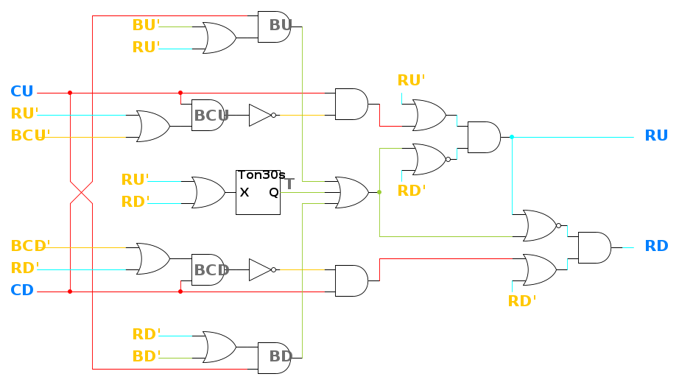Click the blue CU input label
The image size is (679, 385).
tap(22, 92)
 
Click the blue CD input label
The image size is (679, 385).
tap(22, 290)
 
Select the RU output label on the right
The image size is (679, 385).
tap(656, 136)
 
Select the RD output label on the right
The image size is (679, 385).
tap(656, 247)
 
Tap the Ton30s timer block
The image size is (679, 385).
tap(258, 192)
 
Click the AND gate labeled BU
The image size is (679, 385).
tap(275, 27)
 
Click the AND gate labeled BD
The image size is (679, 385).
tap(275, 357)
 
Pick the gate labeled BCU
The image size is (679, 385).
tap(208, 115)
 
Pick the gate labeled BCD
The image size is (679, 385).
tap(208, 269)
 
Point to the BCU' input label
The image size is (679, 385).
tap(30, 136)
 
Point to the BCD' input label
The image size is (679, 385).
tap(30, 246)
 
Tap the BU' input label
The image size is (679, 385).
tap(146, 26)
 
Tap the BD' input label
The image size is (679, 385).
tap(146, 357)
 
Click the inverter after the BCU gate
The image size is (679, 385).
tap(261, 115)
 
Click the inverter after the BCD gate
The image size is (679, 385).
tap(261, 269)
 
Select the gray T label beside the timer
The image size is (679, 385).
tap(289, 184)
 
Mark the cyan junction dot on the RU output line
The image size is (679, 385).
tap(512, 137)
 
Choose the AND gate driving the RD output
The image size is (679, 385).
tap(594, 247)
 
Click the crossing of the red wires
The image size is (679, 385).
tap(81, 192)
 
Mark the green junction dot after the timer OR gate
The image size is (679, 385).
tap(379, 192)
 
